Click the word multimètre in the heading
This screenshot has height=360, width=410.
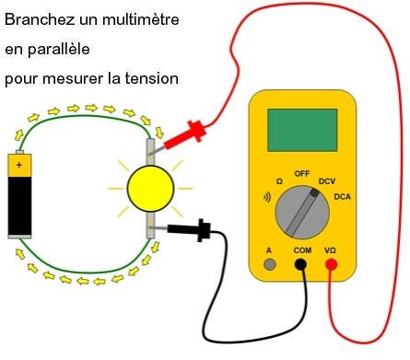coord(141,19)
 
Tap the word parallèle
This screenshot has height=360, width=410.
coord(59,50)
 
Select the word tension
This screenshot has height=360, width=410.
coord(151,78)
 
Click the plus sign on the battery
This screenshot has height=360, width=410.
coord(19,165)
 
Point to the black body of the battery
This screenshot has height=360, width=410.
coord(19,205)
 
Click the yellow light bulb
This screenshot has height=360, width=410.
coord(150,189)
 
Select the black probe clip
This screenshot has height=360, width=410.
coord(190,230)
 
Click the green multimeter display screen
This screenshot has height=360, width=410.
coord(302,130)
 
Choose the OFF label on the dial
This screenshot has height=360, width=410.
coord(302,174)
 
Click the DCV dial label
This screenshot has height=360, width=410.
coord(327,181)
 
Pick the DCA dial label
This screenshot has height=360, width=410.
coord(342,196)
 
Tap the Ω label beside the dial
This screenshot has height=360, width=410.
coord(279,181)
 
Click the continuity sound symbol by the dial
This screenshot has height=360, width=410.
coord(267,197)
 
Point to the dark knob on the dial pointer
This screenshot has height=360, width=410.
coord(314,193)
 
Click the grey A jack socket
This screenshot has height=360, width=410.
coord(270,264)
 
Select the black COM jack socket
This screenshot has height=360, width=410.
coord(300,264)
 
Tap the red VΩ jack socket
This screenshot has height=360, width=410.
coord(331,264)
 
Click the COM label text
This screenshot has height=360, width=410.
coord(302,250)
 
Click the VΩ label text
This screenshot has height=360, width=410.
coord(330,250)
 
